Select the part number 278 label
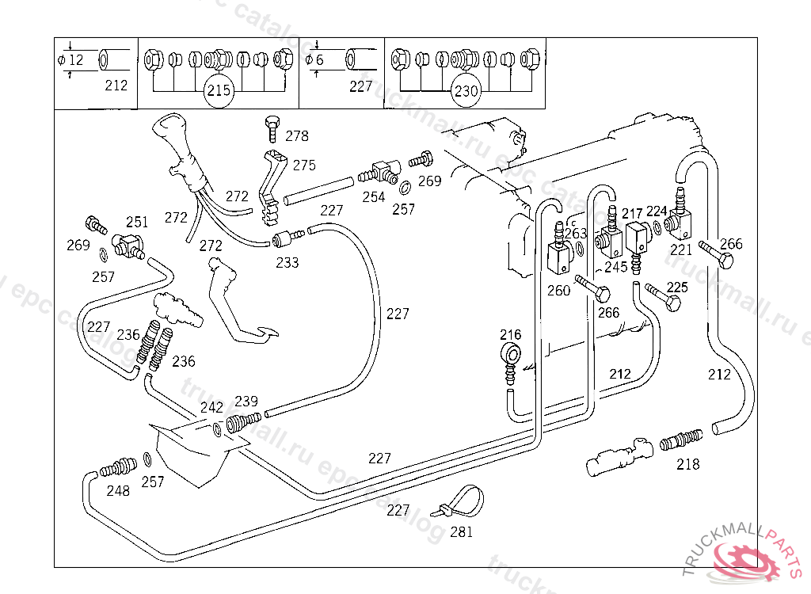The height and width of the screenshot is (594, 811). pyautogui.click(x=297, y=136)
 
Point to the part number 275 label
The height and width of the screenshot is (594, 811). pyautogui.click(x=304, y=166)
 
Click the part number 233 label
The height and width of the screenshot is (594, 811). pyautogui.click(x=287, y=262)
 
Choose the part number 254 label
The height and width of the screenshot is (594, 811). pyautogui.click(x=374, y=197)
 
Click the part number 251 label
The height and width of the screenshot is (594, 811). pyautogui.click(x=137, y=222)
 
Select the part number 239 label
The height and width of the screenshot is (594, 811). pyautogui.click(x=246, y=402)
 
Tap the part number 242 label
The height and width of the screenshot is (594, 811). pyautogui.click(x=211, y=407)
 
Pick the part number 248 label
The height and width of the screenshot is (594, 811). pyautogui.click(x=118, y=491)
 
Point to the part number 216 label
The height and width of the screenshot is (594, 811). pyautogui.click(x=511, y=334)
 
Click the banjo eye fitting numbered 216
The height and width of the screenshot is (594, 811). pyautogui.click(x=512, y=354)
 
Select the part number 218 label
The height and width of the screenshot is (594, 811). pyautogui.click(x=688, y=464)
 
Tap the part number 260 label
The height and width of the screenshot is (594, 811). pyautogui.click(x=558, y=291)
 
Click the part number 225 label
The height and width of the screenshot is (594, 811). pyautogui.click(x=677, y=287)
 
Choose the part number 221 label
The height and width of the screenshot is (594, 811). pyautogui.click(x=681, y=249)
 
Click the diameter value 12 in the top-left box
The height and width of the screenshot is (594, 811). pyautogui.click(x=76, y=60)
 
